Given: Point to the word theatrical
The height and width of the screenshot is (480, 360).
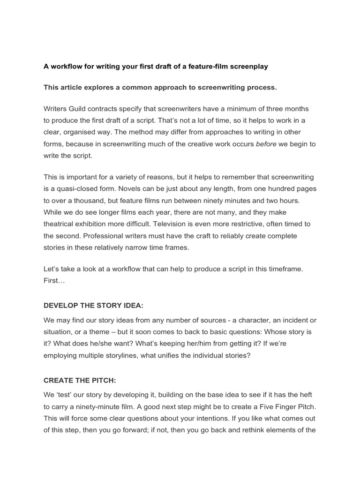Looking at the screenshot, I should (60, 224).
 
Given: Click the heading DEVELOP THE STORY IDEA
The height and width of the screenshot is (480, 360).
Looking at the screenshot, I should (93, 306).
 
